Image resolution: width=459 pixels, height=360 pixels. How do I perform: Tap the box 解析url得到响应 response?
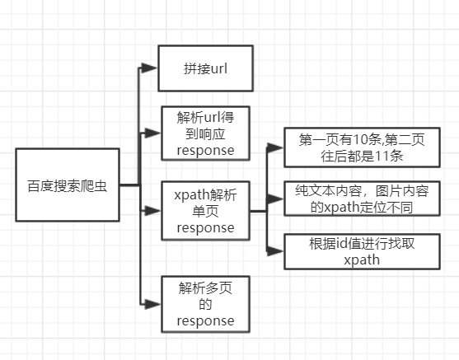(205, 132)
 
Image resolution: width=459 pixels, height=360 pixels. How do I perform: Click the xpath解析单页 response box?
(205, 211)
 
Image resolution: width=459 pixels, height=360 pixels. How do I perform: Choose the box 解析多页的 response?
(205, 304)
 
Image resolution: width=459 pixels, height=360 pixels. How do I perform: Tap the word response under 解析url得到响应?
(205, 151)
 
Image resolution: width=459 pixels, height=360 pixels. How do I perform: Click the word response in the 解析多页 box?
(205, 320)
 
